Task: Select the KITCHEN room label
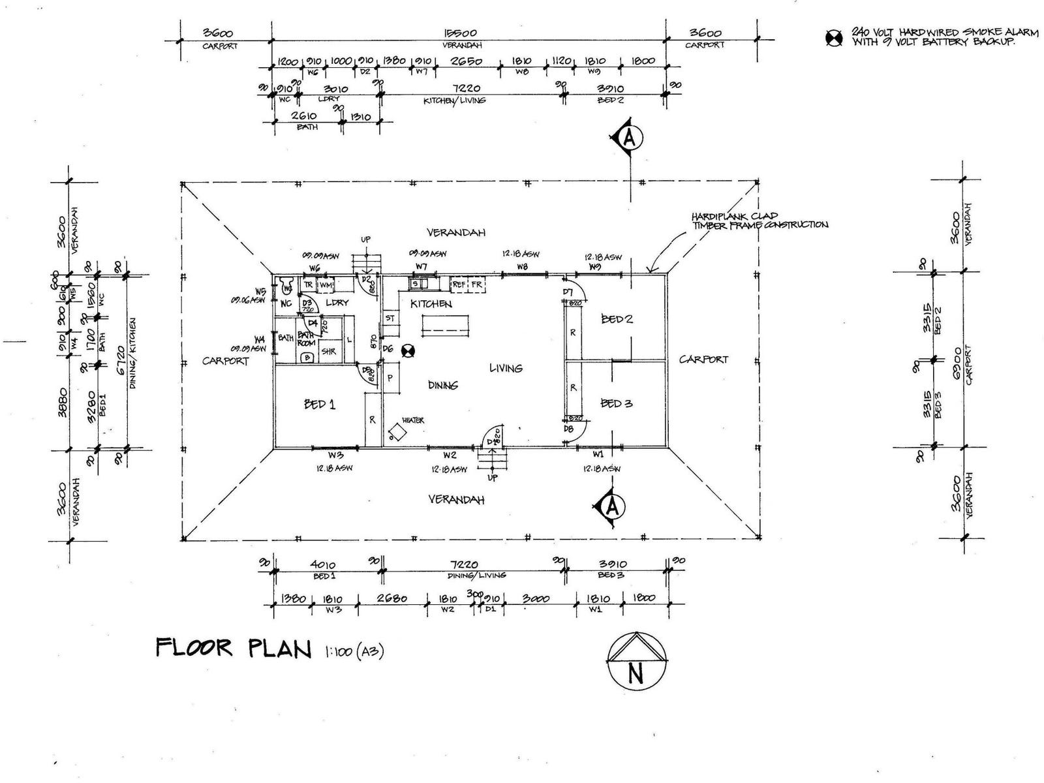[431, 304]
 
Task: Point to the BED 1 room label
[320, 405]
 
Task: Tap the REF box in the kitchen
[459, 284]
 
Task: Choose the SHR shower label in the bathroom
[329, 352]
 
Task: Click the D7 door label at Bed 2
[568, 292]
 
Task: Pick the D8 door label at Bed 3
[568, 429]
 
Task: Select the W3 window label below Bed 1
[335, 455]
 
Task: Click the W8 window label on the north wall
[522, 267]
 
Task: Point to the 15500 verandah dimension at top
[461, 33]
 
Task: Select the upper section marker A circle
[629, 138]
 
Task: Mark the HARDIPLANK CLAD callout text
[735, 216]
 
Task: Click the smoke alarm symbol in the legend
[834, 38]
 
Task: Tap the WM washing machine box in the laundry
[326, 285]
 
